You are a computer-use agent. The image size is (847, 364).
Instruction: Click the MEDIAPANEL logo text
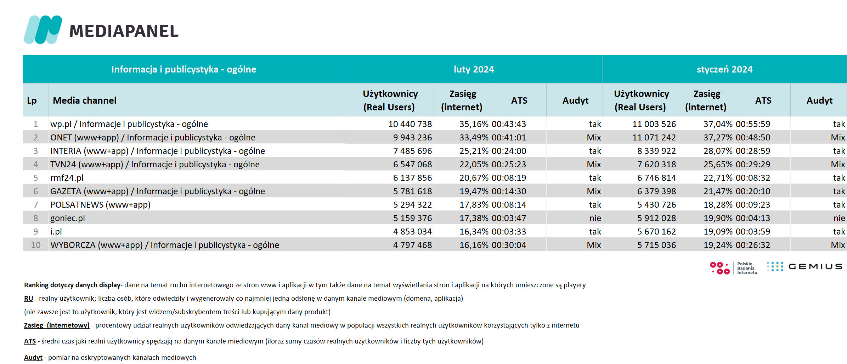coord(124,31)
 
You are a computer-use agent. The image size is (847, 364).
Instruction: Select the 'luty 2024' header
coord(474,69)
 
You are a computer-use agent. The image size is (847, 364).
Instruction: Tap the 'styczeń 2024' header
coord(724,69)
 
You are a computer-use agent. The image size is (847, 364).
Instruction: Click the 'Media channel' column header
coord(85,100)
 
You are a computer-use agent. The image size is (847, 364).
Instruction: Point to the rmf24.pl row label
coord(67,178)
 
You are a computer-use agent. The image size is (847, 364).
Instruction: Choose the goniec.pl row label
coord(68,218)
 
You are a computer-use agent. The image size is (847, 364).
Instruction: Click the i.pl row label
coord(56,231)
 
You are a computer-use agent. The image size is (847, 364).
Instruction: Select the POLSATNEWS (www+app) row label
coord(100,204)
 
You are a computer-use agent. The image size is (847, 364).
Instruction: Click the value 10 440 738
coord(410,124)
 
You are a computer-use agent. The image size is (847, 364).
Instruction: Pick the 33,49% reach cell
coord(474,137)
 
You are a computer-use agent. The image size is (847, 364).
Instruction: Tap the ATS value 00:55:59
coord(753,124)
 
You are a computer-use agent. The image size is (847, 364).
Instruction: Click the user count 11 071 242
coord(654,137)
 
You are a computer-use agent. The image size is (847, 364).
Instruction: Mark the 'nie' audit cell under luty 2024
coord(595,218)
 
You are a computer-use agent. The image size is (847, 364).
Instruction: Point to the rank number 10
coord(36,245)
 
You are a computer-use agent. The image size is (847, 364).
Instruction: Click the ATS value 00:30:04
coord(509,245)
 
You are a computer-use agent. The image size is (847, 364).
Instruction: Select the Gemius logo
coord(804,266)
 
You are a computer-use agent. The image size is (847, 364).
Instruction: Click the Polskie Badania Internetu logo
coord(733,268)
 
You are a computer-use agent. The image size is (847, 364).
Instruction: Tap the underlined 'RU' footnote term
coord(29,298)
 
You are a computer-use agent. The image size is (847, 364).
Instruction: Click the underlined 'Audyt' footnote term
coord(33,357)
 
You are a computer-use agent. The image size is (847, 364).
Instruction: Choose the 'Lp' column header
coord(32,100)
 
